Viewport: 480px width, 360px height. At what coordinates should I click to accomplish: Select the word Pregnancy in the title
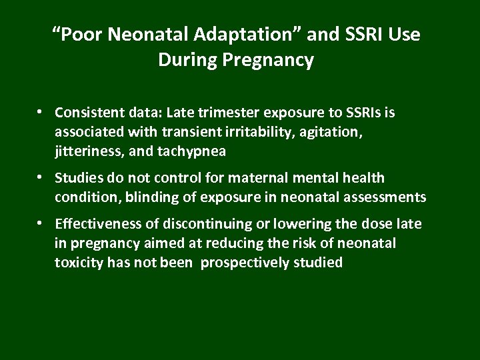tap(273, 60)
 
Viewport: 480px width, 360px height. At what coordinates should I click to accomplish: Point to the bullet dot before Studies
tap(41, 177)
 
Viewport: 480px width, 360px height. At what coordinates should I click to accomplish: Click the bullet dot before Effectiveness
tap(41, 223)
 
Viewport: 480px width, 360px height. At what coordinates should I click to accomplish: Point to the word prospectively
tap(243, 263)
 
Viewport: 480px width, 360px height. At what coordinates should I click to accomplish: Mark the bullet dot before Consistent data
tap(41, 112)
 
